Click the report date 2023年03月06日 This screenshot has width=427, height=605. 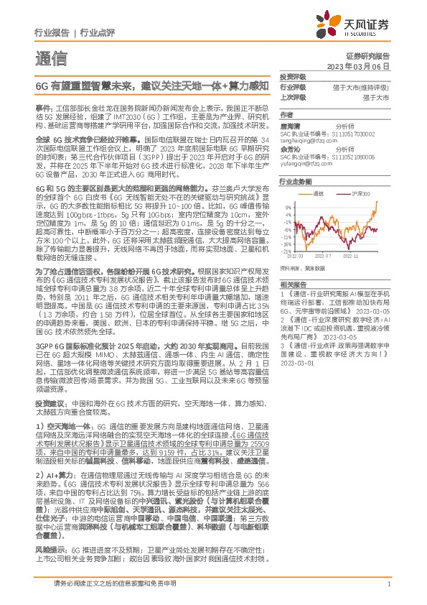click(x=367, y=66)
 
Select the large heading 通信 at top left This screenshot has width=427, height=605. click(x=51, y=57)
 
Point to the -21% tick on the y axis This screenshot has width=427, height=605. click(x=287, y=251)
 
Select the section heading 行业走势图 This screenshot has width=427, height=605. click(x=294, y=183)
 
